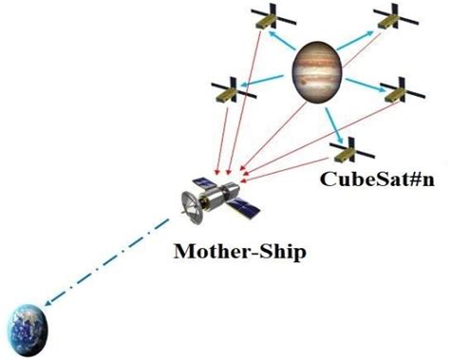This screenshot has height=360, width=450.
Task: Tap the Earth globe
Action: point(32,327)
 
